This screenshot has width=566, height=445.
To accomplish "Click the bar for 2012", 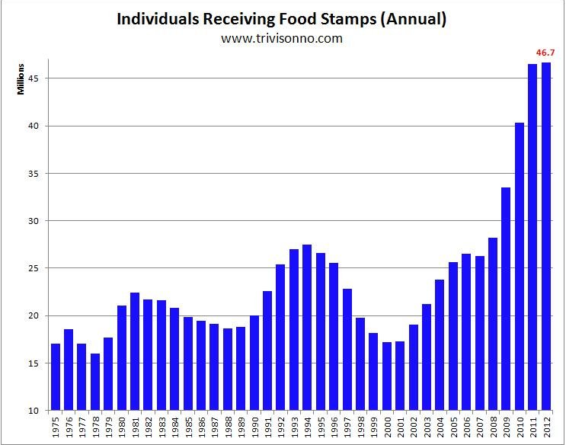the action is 545,236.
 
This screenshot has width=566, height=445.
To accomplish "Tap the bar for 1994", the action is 307,327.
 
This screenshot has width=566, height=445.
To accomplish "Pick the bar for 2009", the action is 506,299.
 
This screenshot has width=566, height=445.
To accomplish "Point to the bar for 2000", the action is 386,376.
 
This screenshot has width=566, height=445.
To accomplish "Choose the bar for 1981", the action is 135,351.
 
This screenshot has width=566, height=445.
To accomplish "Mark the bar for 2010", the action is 520,267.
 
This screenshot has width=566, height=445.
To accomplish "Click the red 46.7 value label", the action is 545,53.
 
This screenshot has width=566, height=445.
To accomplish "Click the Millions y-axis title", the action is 21,79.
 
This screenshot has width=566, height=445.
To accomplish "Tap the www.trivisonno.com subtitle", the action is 282,38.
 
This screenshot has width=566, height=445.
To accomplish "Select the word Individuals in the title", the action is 158,19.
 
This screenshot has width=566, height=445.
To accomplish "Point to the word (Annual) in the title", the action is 414,20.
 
